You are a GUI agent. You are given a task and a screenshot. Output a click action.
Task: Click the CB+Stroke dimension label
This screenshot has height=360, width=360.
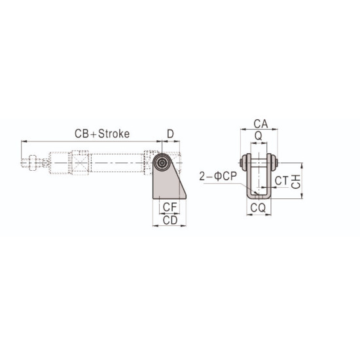point(101,134)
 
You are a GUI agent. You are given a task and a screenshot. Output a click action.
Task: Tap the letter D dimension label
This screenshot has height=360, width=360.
point(170,134)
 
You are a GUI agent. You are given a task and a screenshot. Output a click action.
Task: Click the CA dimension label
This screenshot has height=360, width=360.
point(259,123)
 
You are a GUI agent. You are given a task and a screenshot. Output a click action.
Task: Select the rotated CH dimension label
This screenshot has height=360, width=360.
point(297,180)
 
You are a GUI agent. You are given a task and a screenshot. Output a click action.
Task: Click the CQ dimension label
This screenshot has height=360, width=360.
point(259,208)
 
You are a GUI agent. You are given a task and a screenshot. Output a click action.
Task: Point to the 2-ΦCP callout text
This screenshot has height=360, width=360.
point(217,175)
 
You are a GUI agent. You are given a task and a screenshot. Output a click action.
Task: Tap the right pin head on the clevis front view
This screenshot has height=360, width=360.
point(276,162)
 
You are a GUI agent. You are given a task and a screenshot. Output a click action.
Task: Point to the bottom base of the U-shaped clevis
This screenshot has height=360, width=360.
point(259,195)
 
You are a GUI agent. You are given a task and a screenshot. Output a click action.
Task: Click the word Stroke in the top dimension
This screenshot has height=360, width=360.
point(113,134)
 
